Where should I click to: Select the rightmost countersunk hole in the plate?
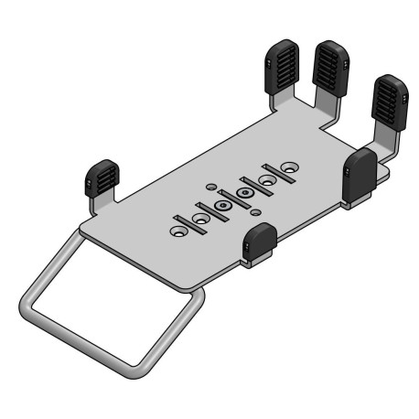pos(289,170)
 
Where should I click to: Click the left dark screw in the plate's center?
pos(222,209)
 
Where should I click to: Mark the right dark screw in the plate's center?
pos(244,194)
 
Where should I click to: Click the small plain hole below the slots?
pos(256,213)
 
